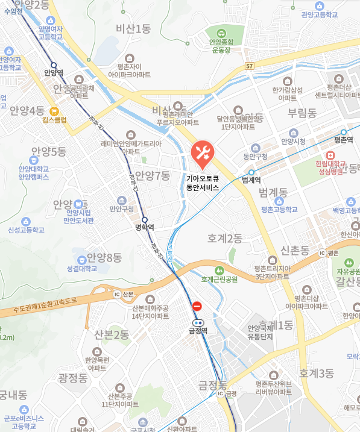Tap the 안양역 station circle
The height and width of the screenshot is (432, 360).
click(54, 65)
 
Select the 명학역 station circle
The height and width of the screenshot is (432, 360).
click(145, 219)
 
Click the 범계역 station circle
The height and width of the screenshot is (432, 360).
click(251, 172)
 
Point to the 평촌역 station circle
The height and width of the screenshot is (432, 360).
click(343, 132)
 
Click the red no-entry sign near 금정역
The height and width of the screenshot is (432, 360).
click(197, 306)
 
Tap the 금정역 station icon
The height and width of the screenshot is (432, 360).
click(198, 322)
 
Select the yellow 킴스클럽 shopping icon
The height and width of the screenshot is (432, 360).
click(54, 110)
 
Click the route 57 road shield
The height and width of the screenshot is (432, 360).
click(250, 64)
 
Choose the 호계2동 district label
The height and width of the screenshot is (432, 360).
click(224, 239)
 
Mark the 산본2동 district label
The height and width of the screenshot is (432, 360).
click(112, 334)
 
